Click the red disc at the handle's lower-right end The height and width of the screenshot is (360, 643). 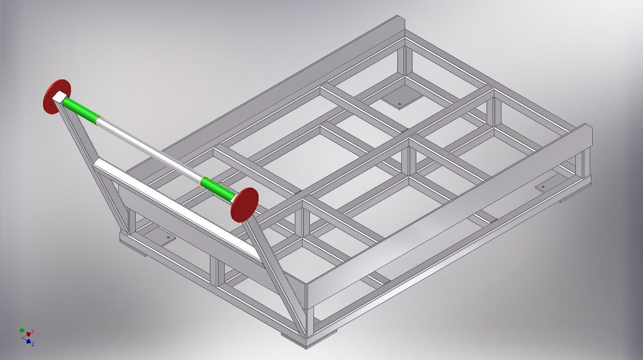pyautogui.click(x=245, y=205)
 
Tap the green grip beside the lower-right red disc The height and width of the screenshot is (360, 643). pyautogui.click(x=217, y=189)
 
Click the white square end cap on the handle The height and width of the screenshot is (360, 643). pyautogui.click(x=60, y=97)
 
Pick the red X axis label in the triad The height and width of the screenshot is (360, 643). pyautogui.click(x=33, y=331)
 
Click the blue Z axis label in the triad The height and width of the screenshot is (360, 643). pyautogui.click(x=33, y=344)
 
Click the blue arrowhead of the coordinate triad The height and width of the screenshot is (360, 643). pyautogui.click(x=28, y=340)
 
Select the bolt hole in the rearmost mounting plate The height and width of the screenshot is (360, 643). pyautogui.click(x=400, y=103)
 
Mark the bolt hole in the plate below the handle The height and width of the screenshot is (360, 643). pyautogui.click(x=168, y=238)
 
